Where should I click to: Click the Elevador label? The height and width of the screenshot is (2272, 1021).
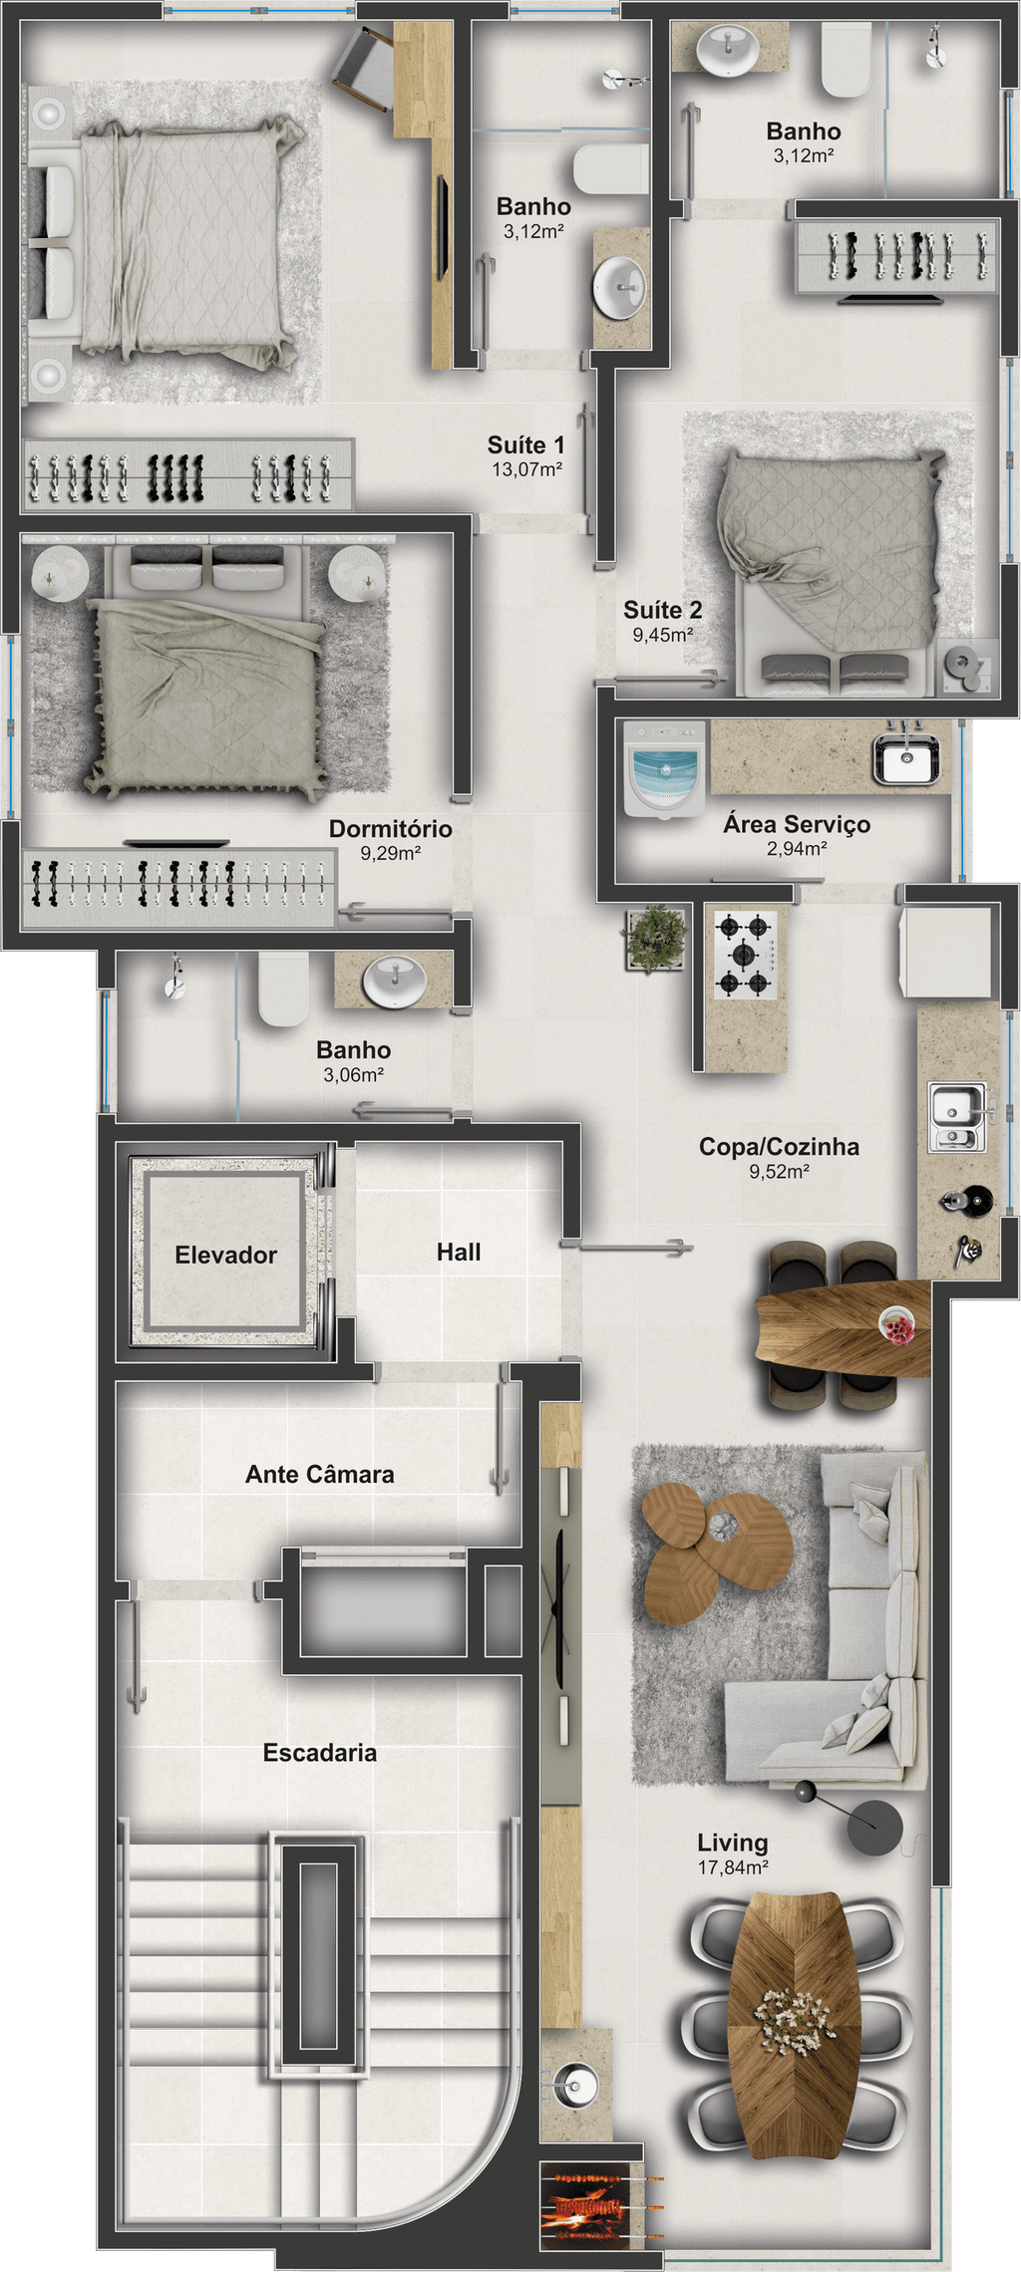pos(225,1255)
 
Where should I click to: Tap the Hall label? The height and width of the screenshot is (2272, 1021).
pos(459,1252)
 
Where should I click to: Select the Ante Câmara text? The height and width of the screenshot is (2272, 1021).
pos(320,1474)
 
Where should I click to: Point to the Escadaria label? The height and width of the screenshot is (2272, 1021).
pos(320,1753)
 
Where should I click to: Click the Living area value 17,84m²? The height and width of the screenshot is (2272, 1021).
pos(733,1867)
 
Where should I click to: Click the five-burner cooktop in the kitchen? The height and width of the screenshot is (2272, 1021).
pos(745,956)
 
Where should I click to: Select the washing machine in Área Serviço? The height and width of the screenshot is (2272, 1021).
pos(665,768)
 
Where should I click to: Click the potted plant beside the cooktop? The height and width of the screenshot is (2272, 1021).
pos(654,938)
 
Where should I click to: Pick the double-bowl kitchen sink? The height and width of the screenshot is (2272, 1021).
pos(958,1117)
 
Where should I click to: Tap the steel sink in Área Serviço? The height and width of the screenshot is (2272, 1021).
pos(905,760)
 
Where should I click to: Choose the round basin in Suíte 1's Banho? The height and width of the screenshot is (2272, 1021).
pos(620,288)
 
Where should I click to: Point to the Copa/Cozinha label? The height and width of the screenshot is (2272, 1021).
pos(779,1146)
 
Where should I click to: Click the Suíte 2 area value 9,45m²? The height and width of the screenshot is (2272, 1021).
pos(663,635)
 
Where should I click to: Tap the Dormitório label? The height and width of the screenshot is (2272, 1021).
pos(391,828)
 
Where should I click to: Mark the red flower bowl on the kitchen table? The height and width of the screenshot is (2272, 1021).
pos(897,1326)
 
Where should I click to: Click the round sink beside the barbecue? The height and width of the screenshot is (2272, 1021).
pos(574,2084)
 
